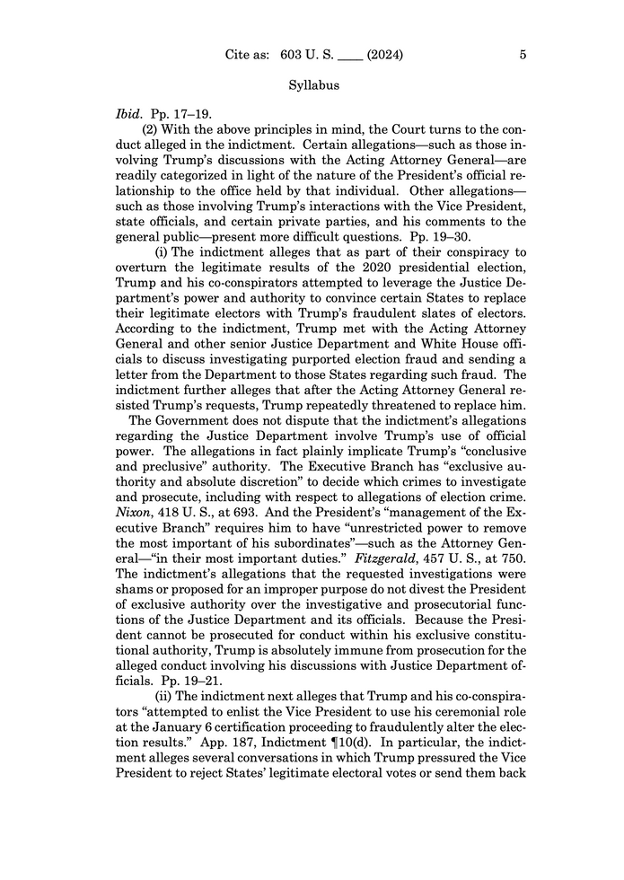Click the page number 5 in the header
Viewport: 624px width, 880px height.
[x=523, y=55]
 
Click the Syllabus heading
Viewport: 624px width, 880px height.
[x=312, y=87]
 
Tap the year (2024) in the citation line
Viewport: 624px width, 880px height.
[x=385, y=55]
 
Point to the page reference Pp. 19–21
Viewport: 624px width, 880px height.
[x=191, y=680]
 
